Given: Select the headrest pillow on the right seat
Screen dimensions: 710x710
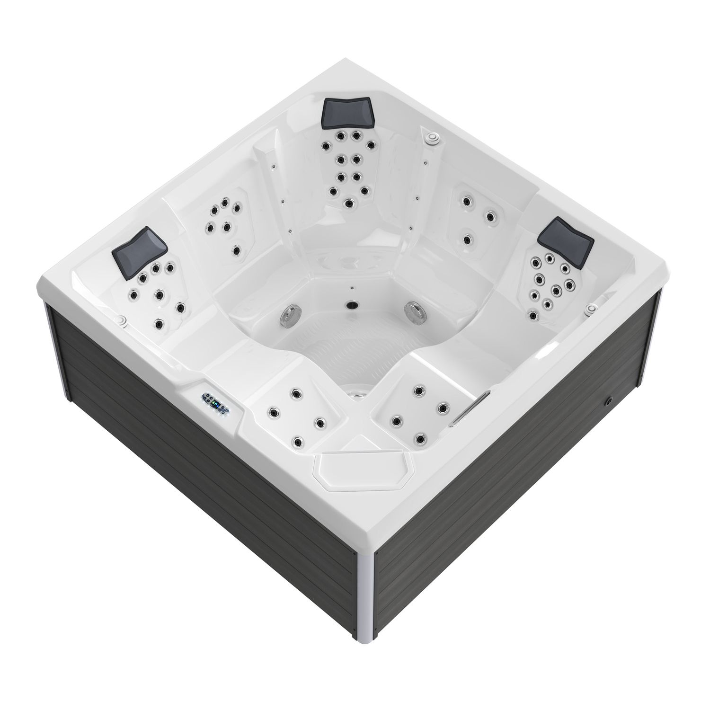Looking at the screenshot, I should point(567,237).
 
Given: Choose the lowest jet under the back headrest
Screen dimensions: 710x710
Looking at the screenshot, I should point(349,204).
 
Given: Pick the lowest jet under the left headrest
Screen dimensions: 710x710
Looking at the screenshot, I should point(158,324).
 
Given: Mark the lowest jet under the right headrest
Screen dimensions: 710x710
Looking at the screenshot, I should point(533,315).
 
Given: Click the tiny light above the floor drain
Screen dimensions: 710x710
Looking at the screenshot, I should point(352,287).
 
